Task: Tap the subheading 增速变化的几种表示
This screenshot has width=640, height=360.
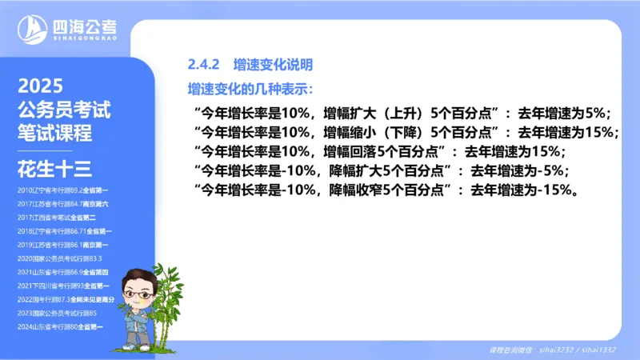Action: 249,87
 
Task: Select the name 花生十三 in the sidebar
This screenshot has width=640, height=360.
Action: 55,168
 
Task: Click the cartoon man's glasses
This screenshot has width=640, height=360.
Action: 138,294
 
